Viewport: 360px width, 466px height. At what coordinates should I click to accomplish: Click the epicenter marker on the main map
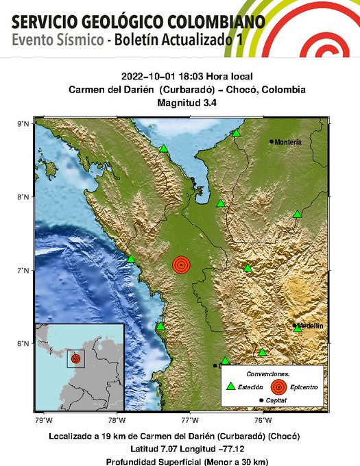point(181,265)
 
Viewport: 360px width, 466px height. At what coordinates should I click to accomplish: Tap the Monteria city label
point(287,142)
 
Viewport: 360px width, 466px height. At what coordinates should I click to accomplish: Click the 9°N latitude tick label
point(22,123)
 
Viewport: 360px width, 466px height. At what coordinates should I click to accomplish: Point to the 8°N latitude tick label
point(22,197)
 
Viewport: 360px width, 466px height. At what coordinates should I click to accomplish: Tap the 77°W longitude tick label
point(190,419)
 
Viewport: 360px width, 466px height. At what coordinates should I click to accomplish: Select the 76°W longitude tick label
point(263,419)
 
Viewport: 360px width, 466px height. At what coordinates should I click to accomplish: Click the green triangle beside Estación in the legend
point(231,387)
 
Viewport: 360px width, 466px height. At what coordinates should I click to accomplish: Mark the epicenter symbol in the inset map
point(75,358)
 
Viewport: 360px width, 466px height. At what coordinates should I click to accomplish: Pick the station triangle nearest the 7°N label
point(131,258)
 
